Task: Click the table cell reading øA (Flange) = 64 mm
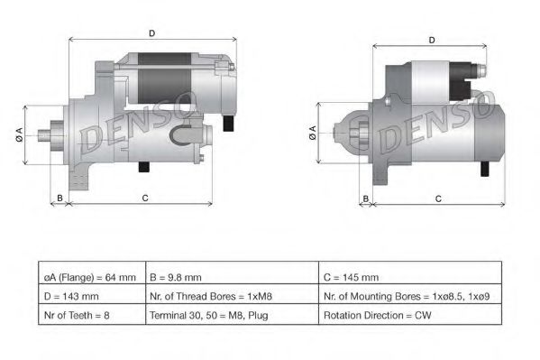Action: coord(90,277)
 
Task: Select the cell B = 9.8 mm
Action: coord(229,277)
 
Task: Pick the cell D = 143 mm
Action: coord(90,296)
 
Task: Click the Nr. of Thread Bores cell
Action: coord(229,296)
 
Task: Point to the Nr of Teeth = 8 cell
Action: coord(90,315)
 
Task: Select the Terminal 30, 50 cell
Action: coord(229,315)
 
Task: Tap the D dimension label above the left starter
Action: coord(151,34)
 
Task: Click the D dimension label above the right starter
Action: coord(433,41)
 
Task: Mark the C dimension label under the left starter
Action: coord(144,198)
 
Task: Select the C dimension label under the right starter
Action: coord(437,198)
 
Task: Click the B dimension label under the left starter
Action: coord(59,198)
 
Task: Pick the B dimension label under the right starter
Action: coord(365,198)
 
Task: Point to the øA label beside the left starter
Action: coord(19,134)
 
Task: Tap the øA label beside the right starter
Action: coord(312,134)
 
